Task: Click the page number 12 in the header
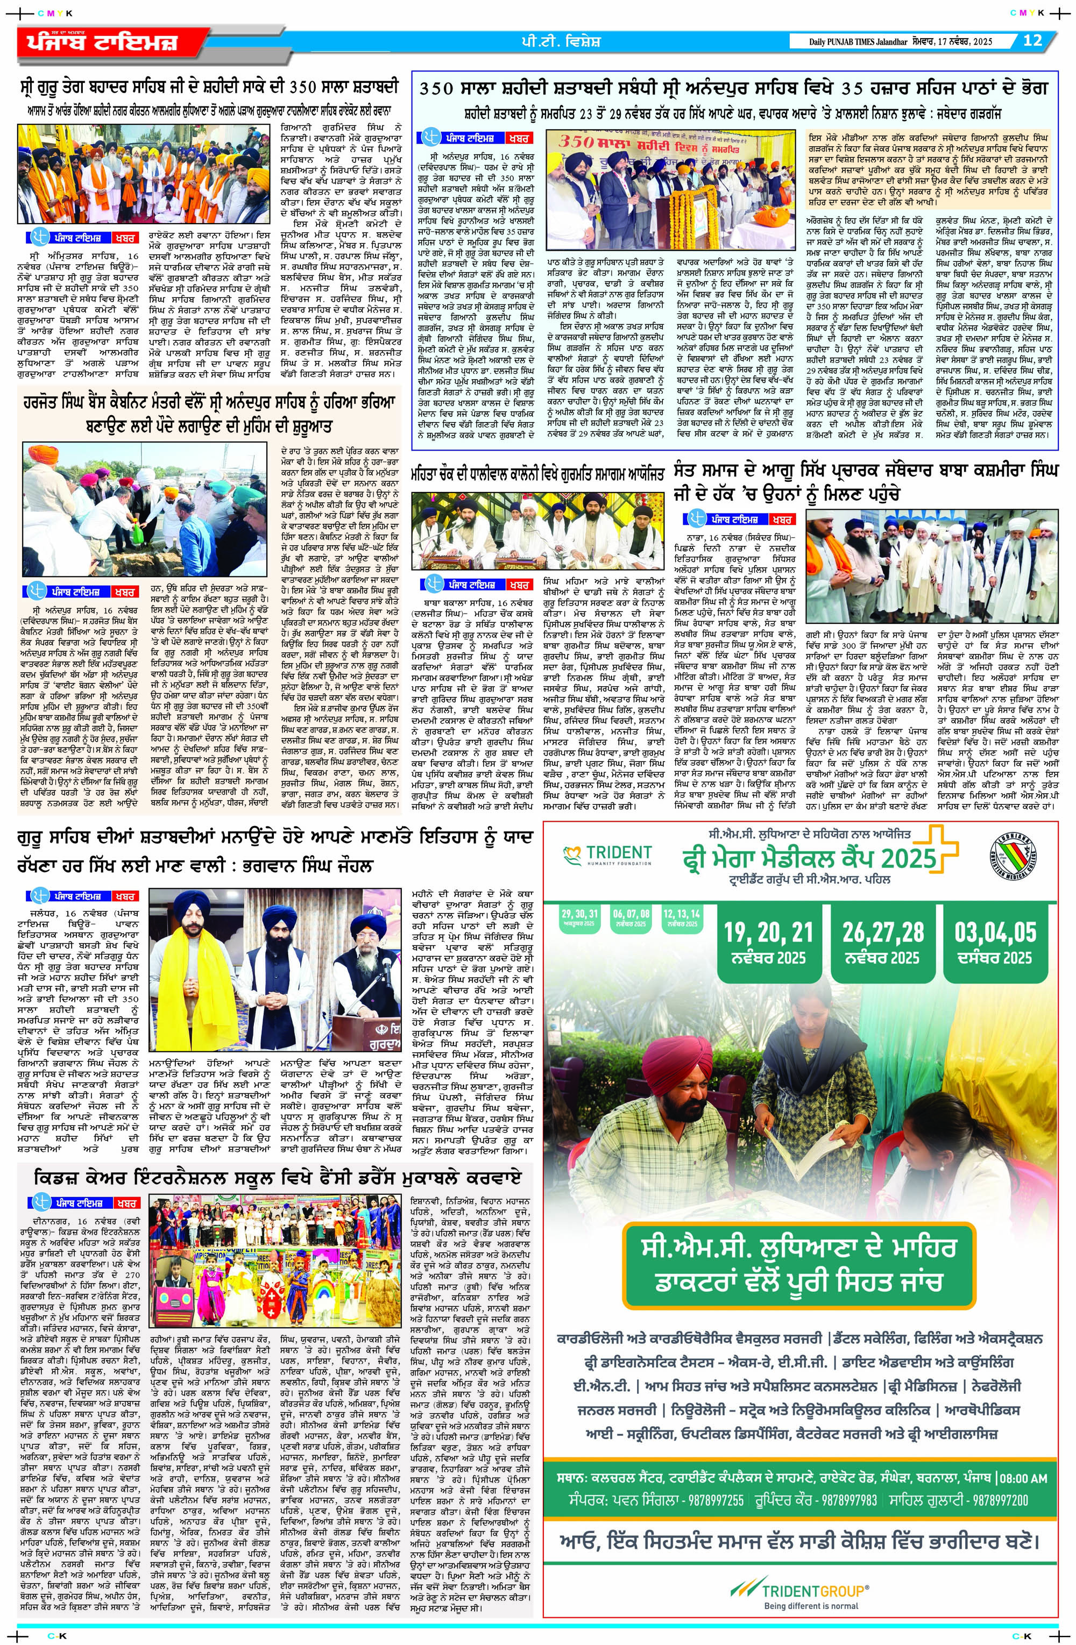[x=1032, y=41]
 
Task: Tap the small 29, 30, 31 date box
[x=579, y=918]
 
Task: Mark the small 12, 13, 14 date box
[x=681, y=918]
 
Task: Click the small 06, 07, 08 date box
[x=630, y=918]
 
